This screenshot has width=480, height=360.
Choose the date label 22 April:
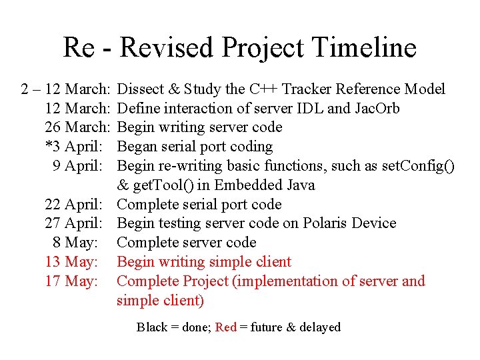(73, 205)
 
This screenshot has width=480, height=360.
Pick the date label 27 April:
(73, 223)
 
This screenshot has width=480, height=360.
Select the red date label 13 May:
(71, 262)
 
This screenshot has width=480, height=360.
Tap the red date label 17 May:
(71, 281)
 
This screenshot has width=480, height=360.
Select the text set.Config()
(419, 166)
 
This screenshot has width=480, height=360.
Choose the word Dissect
(140, 89)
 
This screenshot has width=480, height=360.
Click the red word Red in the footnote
(226, 327)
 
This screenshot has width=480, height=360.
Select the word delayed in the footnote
(320, 327)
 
